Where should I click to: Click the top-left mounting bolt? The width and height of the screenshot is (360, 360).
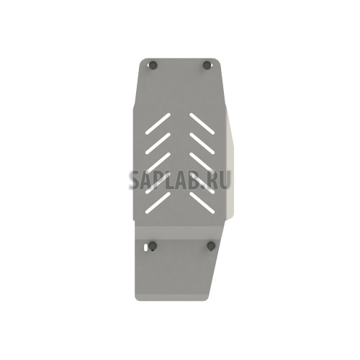152,65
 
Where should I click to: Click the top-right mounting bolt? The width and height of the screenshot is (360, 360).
207,65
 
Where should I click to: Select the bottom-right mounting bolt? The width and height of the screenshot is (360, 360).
211,246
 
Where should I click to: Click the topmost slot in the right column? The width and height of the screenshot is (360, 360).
202,123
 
